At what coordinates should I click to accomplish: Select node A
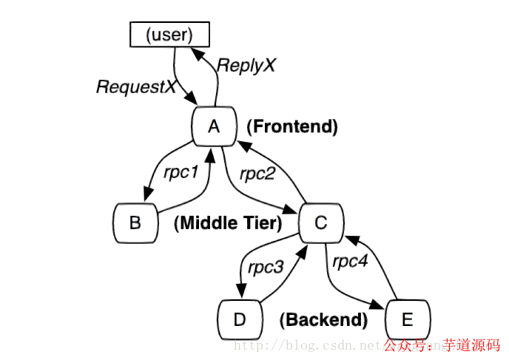click(214, 126)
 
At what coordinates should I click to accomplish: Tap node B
click(135, 222)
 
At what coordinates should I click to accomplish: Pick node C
click(320, 222)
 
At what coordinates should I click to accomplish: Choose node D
click(239, 319)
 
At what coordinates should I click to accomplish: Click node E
click(408, 319)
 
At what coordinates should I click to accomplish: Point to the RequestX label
click(136, 87)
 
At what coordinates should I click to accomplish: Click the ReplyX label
click(246, 65)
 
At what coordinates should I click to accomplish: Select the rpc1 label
click(181, 174)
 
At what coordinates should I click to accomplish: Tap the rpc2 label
click(257, 174)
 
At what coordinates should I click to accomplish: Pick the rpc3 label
click(266, 267)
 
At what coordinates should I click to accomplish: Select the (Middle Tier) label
click(228, 223)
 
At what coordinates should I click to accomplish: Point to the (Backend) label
click(323, 320)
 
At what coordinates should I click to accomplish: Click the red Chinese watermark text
click(442, 344)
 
